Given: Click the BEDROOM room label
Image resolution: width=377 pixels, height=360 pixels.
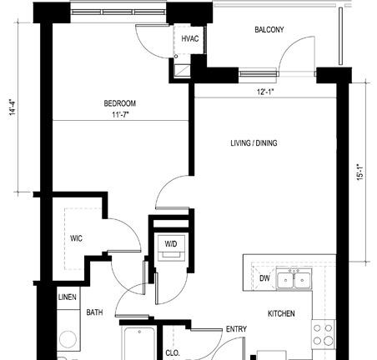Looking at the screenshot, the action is pyautogui.click(x=120, y=103).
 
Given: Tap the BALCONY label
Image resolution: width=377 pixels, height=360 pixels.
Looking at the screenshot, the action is pyautogui.click(x=269, y=29).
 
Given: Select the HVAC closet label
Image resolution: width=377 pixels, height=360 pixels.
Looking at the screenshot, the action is pyautogui.click(x=190, y=38).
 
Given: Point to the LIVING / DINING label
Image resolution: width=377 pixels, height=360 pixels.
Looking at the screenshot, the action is pyautogui.click(x=254, y=143).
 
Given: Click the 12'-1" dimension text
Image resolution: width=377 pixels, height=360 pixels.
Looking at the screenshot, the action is pyautogui.click(x=265, y=92).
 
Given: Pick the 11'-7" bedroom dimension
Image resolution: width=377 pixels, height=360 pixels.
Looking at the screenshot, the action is pyautogui.click(x=120, y=114).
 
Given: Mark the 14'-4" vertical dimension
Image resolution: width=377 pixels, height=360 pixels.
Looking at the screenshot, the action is pyautogui.click(x=13, y=107).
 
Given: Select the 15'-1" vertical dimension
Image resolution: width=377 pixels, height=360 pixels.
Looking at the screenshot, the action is pyautogui.click(x=360, y=172).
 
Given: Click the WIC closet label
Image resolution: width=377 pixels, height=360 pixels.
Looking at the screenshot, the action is pyautogui.click(x=76, y=238).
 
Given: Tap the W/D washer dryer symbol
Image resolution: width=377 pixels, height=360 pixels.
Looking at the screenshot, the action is pyautogui.click(x=171, y=247).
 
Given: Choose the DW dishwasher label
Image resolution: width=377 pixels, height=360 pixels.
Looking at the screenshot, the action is pyautogui.click(x=264, y=278).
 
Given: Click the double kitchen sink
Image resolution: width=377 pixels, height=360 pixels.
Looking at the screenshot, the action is pyautogui.click(x=294, y=279).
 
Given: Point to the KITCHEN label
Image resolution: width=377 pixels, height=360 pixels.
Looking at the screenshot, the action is pyautogui.click(x=281, y=313).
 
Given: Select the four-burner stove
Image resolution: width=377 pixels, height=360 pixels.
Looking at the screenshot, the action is pyautogui.click(x=323, y=334).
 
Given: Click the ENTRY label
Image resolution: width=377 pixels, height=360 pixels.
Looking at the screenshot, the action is pyautogui.click(x=236, y=329).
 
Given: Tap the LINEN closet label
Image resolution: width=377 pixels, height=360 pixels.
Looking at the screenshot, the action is pyautogui.click(x=68, y=297).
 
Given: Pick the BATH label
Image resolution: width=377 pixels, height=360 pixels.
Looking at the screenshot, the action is pyautogui.click(x=94, y=312).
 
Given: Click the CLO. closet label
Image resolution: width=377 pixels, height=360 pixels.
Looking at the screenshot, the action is pyautogui.click(x=173, y=353).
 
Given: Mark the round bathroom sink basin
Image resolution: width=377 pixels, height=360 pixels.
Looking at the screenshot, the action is pyautogui.click(x=68, y=339).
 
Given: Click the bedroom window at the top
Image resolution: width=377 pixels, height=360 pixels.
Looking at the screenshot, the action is pyautogui.click(x=118, y=12).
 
